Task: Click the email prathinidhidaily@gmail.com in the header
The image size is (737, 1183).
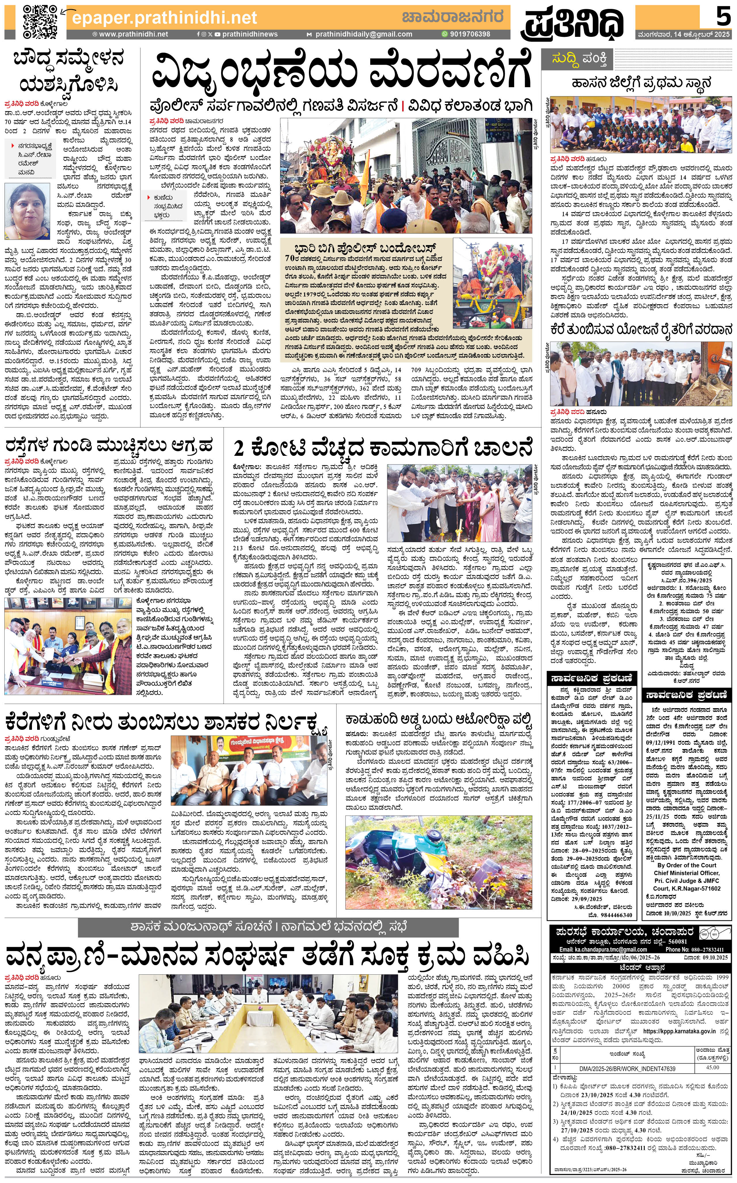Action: coord(364,34)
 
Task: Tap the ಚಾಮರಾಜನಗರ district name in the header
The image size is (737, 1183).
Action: coord(452,17)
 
